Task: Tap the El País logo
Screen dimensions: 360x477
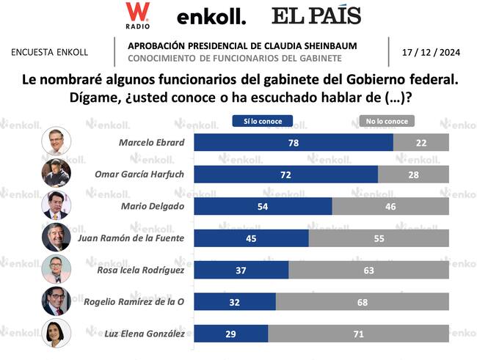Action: pos(316,15)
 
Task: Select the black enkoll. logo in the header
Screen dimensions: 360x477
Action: pos(211,17)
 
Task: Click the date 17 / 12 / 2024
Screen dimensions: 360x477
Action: pos(431,52)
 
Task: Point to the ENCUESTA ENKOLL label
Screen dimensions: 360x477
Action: pos(50,52)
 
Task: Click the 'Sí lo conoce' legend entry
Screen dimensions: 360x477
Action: pos(262,121)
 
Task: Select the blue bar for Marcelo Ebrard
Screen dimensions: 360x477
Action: pos(293,142)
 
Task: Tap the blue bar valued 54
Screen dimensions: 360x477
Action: pos(262,206)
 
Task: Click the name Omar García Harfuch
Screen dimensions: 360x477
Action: pos(139,175)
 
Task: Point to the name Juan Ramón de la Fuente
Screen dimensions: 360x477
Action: pos(129,238)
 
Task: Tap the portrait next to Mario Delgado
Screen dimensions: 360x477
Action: pos(56,205)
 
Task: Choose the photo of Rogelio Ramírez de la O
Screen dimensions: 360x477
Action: pos(56,301)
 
